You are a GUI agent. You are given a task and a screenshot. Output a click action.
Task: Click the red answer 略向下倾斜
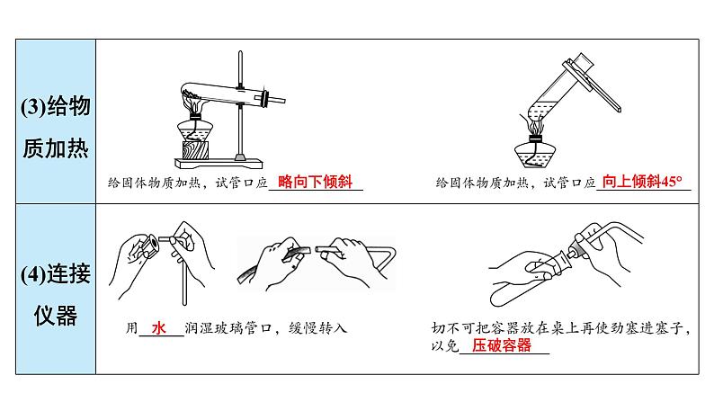pos(315,182)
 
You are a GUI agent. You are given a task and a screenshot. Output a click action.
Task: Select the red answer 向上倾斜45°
pos(642,182)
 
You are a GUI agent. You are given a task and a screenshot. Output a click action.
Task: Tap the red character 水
pos(158,327)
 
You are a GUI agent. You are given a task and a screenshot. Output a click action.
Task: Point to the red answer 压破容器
pos(502,345)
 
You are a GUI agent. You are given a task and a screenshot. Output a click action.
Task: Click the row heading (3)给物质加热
pos(56,127)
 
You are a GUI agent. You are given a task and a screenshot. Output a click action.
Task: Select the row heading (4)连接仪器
pos(56,295)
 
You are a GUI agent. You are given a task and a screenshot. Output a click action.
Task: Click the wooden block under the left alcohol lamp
pos(195,150)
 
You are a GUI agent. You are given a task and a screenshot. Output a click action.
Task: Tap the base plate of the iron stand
pos(219,163)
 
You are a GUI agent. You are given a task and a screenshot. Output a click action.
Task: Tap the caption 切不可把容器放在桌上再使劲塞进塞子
pos(557,327)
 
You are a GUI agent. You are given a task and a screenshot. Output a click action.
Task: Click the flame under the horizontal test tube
pos(193,102)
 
